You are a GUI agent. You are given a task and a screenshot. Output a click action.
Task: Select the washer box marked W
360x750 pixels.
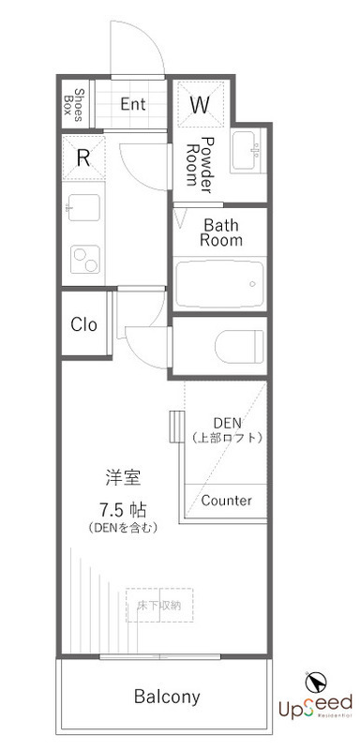(200, 105)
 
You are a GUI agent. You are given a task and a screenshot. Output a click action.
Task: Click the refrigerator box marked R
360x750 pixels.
(82, 157)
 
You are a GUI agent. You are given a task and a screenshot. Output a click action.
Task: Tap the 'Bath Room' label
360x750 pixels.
(222, 232)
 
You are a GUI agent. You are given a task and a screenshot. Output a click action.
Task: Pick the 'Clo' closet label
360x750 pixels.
(84, 325)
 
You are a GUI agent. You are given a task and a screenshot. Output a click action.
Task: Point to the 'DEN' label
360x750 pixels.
(227, 421)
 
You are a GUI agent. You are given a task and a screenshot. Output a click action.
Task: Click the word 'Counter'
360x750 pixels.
(226, 501)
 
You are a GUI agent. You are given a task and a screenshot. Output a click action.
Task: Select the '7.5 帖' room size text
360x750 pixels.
(121, 510)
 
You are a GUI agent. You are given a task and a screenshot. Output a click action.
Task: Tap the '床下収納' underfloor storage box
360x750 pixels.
(159, 606)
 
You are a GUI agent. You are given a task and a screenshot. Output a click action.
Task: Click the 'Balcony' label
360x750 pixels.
(167, 697)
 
